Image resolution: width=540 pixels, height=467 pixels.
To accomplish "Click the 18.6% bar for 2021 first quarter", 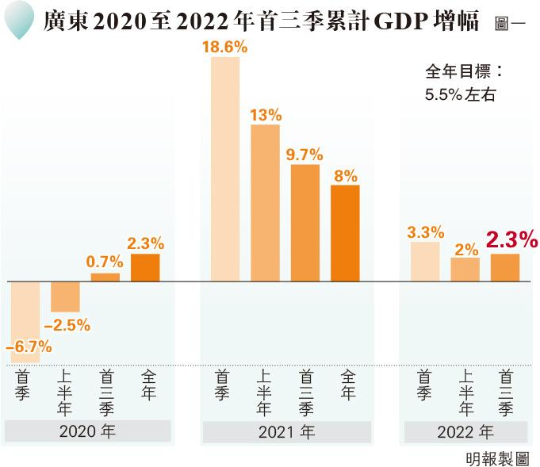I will point(225,169).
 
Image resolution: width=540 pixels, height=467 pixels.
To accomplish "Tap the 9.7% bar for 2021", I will point(305,223).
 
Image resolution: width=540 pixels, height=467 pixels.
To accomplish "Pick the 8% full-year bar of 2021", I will point(345,233).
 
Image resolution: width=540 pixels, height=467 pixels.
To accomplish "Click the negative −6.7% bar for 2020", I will point(25,313).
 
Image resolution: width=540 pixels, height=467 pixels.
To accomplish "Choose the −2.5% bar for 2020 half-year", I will point(65,297).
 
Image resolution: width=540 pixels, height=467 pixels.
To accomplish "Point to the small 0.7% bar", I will point(105,278).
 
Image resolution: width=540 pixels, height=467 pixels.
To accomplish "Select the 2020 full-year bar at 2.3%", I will point(145,268).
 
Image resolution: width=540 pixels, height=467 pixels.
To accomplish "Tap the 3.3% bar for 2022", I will point(425,262).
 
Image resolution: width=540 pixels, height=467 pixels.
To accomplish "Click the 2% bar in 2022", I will point(465,270).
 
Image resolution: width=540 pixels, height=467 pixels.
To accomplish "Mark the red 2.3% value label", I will point(511,239).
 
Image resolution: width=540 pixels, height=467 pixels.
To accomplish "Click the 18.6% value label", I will point(225,48).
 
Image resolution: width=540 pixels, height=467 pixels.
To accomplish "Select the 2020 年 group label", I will point(87,432).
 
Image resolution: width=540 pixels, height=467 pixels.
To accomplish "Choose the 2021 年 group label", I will point(286,432).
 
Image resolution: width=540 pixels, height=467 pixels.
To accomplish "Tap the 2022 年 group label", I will point(465,432).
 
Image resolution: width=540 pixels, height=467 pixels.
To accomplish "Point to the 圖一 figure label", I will point(510,23).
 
